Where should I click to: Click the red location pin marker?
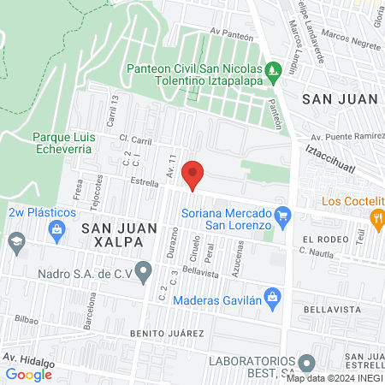pyautogui.click(x=193, y=175)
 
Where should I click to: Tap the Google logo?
pyautogui.click(x=29, y=374)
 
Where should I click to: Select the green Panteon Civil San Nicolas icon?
pyautogui.click(x=273, y=68)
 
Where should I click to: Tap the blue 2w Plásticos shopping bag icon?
pyautogui.click(x=56, y=229)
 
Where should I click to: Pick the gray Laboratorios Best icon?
pyautogui.click(x=307, y=363)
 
